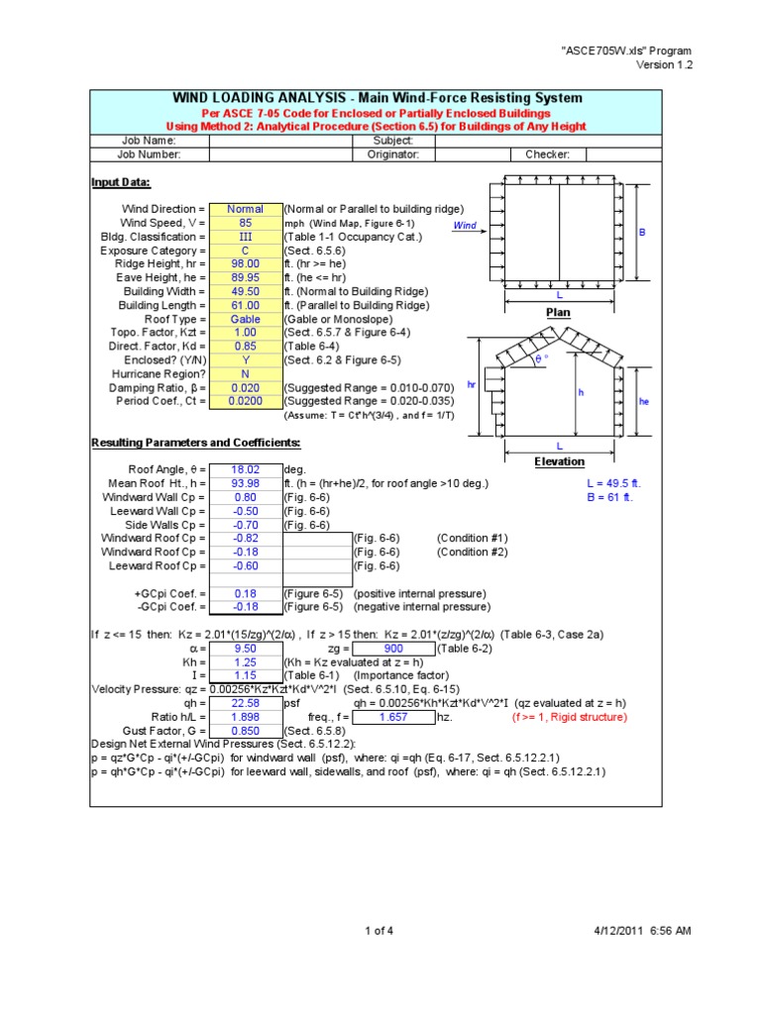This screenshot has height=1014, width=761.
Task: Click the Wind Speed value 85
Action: [x=245, y=224]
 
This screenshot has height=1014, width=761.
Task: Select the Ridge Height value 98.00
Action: [x=245, y=264]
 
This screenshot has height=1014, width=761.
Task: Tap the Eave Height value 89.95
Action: [x=245, y=278]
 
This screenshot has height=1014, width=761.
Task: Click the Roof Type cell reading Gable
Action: [x=245, y=320]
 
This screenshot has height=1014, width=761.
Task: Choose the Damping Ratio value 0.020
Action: [x=245, y=388]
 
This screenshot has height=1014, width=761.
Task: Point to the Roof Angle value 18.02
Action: [x=245, y=469]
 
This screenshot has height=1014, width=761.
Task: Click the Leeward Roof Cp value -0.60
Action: [x=245, y=565]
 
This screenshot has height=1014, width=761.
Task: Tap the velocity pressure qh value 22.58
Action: [x=245, y=703]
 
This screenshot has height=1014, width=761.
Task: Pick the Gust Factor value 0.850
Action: [x=245, y=731]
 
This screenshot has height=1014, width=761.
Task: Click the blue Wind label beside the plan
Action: [x=465, y=226]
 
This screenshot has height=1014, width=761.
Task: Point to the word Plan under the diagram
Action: [x=560, y=312]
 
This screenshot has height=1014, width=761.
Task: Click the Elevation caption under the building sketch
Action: [x=560, y=461]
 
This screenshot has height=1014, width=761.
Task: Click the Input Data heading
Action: [x=121, y=182]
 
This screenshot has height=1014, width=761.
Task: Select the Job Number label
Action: [x=149, y=154]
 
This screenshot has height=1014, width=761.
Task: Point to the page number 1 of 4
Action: [x=380, y=930]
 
